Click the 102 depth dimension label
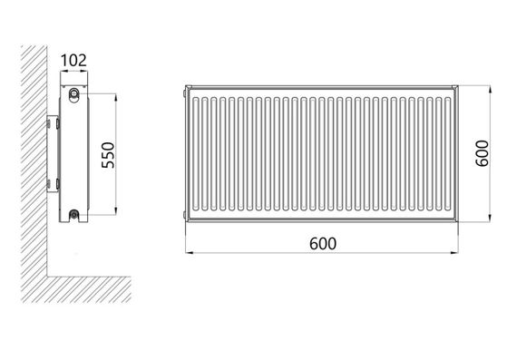73,61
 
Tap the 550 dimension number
108,155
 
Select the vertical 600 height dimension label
483,153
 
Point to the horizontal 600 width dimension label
323,244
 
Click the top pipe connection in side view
73,93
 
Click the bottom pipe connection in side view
74,215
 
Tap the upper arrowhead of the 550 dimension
115,98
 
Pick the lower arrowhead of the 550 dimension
115,211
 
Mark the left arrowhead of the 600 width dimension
190,253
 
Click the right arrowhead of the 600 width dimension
454,253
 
